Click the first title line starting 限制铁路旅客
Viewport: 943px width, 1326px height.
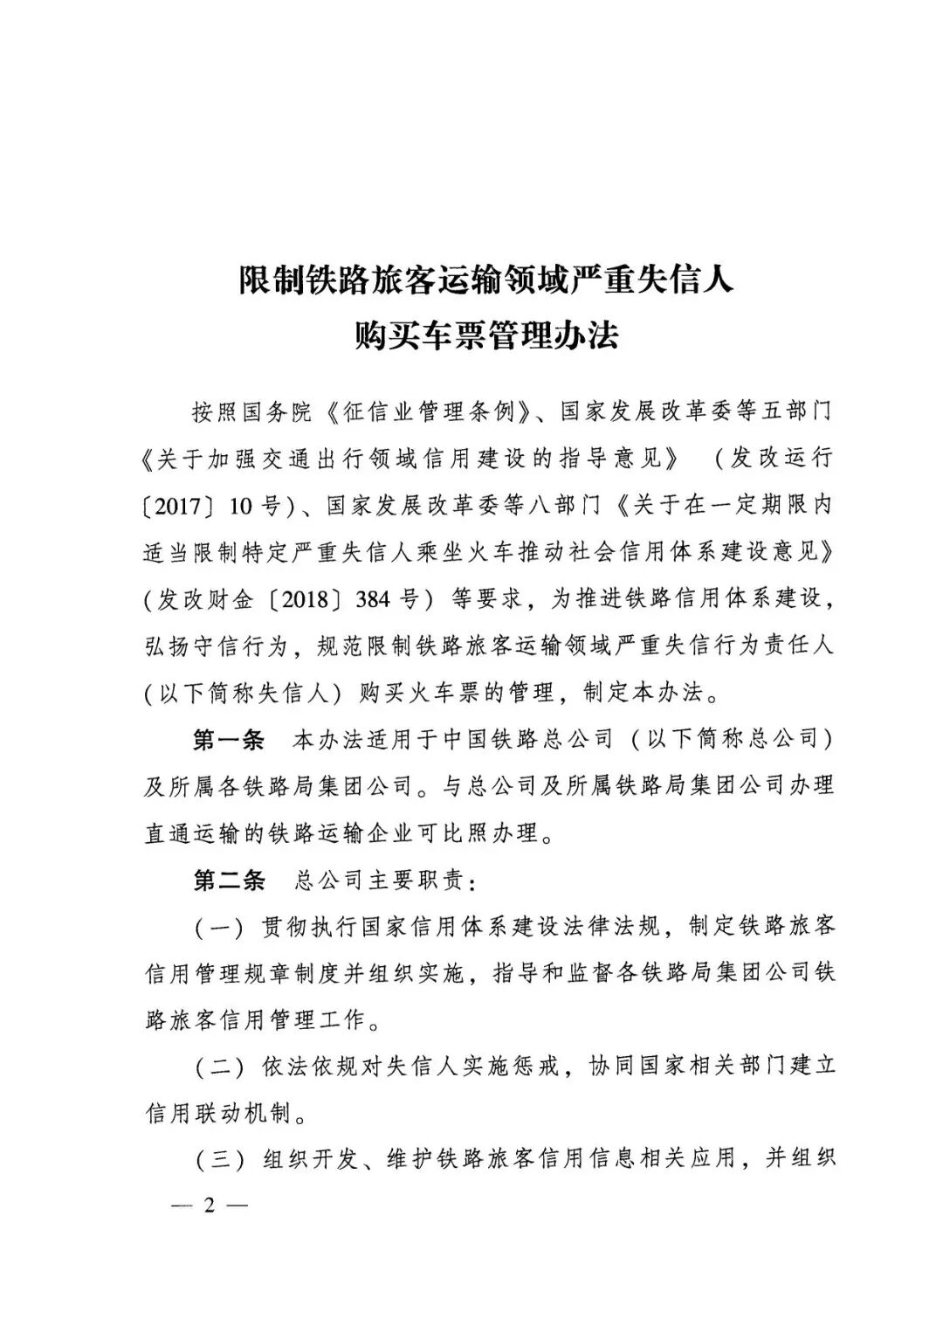pyautogui.click(x=486, y=281)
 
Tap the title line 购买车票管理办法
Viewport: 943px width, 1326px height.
pyautogui.click(x=486, y=335)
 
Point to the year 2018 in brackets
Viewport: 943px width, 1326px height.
pyautogui.click(x=310, y=599)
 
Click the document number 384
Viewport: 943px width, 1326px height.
pyautogui.click(x=375, y=599)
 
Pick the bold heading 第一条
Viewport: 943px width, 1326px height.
pyautogui.click(x=228, y=740)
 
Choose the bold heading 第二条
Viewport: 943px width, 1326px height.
pyautogui.click(x=228, y=880)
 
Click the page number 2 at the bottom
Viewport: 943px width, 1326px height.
pyautogui.click(x=209, y=1205)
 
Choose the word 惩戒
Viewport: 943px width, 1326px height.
pyautogui.click(x=535, y=1067)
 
